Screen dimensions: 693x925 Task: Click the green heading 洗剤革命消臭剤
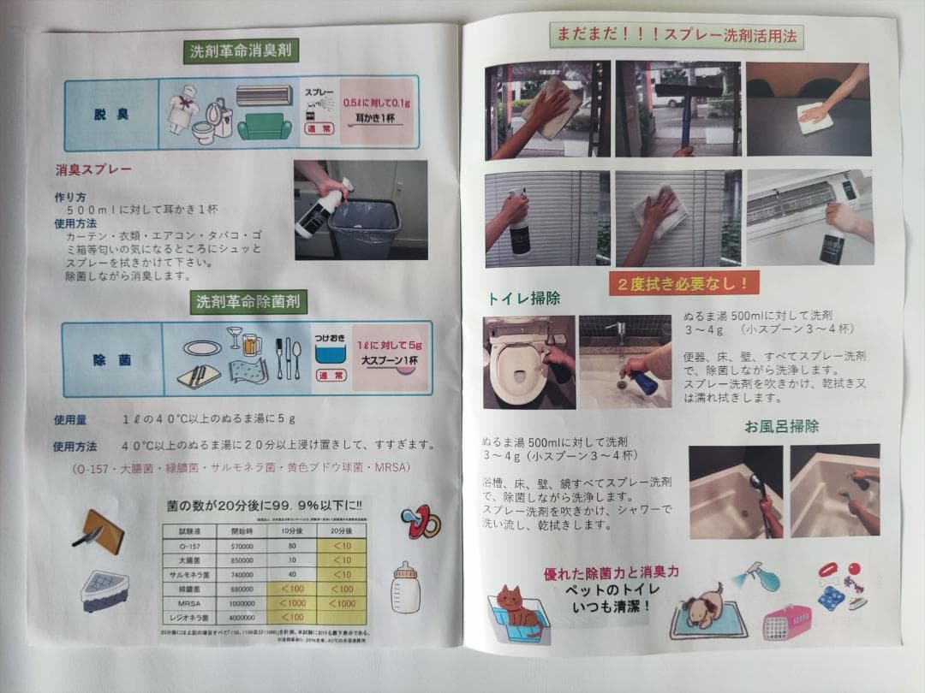pos(243,51)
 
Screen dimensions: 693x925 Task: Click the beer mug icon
pos(252,343)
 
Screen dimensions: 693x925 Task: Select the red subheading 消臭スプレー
pos(94,169)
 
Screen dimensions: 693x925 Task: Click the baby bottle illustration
pos(405,588)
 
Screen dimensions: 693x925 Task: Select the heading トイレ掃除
pos(523,299)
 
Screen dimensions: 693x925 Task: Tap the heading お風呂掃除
pos(781,426)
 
